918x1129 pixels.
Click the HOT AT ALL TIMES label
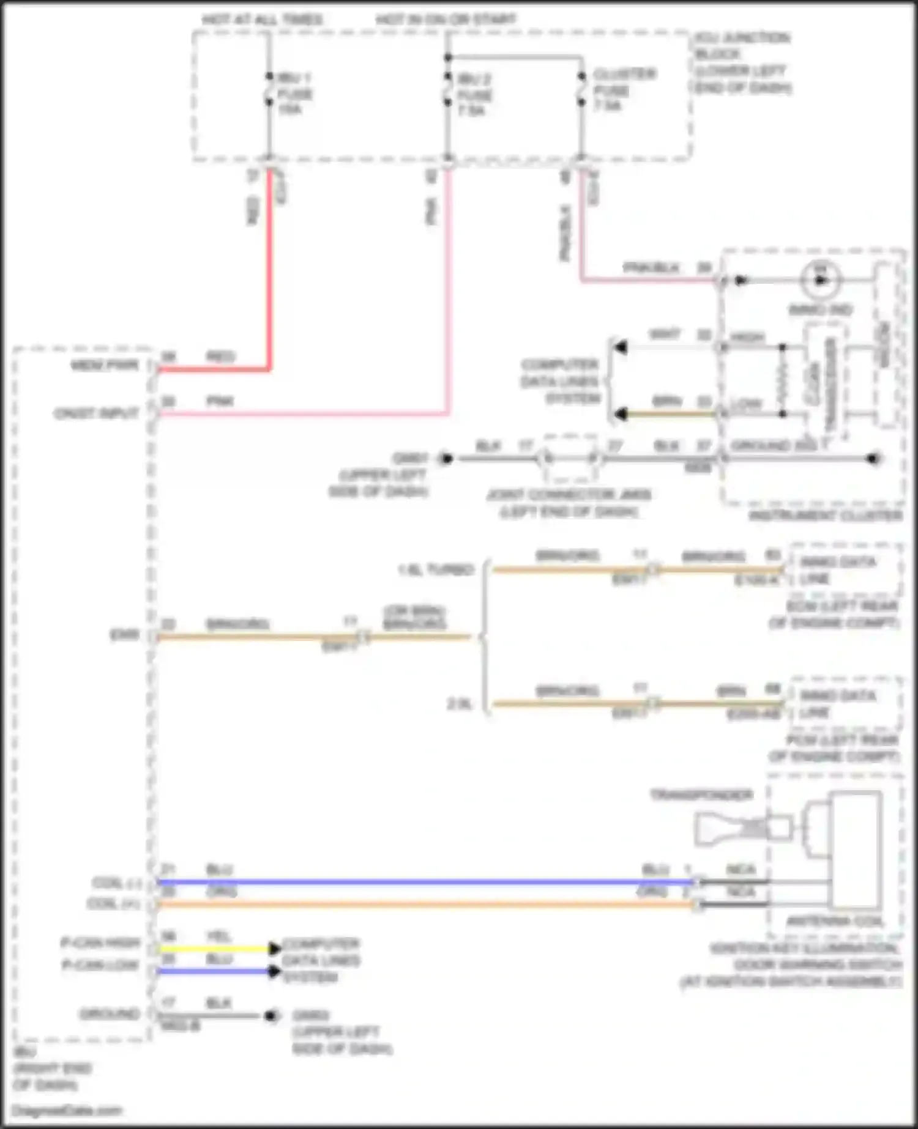262,20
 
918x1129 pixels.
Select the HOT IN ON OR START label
446,20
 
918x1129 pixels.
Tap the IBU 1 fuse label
294,94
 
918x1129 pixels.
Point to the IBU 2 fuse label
475,95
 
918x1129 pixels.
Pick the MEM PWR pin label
105,366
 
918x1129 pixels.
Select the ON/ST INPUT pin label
97,414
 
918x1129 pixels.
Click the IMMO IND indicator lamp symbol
820,280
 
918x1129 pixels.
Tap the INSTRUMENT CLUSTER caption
826,516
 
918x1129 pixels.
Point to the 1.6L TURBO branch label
436,570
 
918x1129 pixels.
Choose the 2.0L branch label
460,704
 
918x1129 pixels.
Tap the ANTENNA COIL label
835,921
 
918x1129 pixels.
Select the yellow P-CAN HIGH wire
214,949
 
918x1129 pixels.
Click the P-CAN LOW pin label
101,966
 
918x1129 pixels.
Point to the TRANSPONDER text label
701,795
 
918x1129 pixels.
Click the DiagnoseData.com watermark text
67,1110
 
